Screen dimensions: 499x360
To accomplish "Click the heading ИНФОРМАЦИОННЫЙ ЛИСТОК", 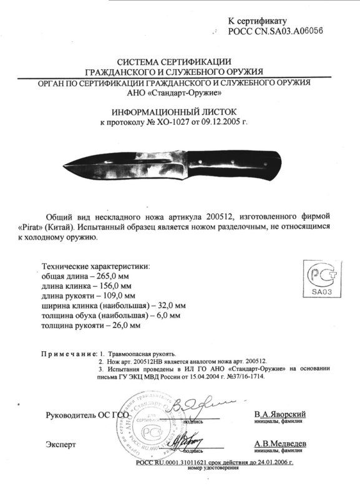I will tap(180, 110).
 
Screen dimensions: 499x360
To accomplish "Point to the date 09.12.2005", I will tap(219, 122).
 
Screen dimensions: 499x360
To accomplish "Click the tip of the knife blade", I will tap(64, 165).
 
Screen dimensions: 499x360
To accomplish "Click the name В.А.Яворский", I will tap(280, 414).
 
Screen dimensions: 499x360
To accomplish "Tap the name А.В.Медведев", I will tap(279, 443).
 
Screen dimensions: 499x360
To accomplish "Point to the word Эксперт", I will tap(61, 444).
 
